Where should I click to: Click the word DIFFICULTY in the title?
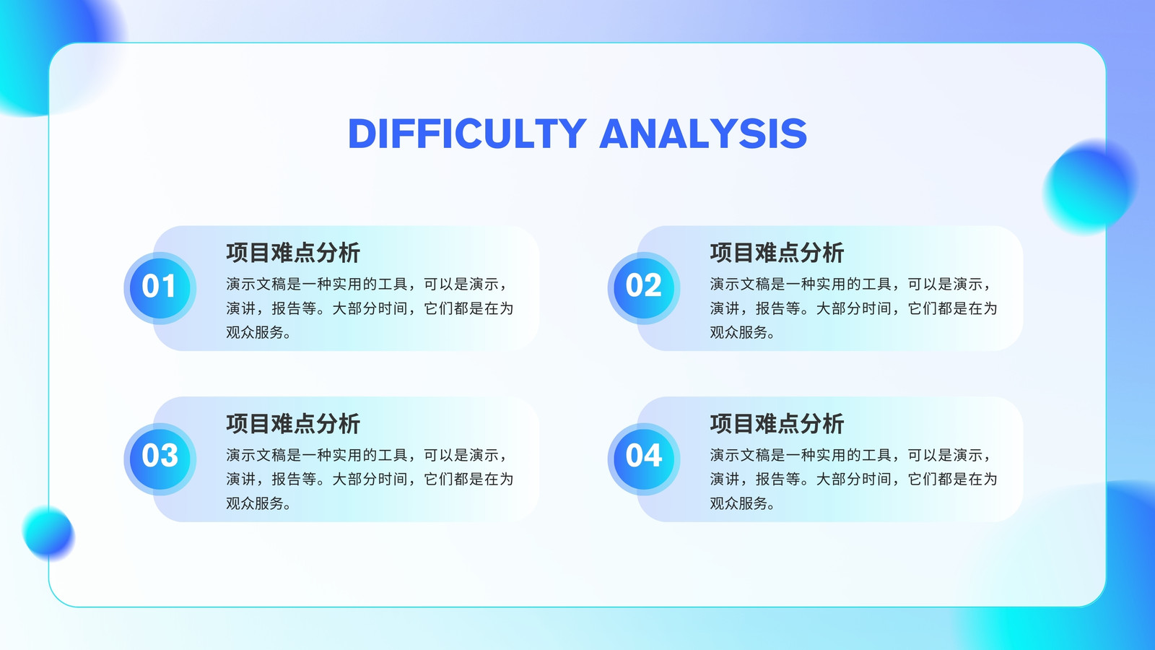pos(467,134)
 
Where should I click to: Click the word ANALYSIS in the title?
pos(703,134)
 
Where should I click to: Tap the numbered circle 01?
pos(160,288)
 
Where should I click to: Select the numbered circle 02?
pos(643,288)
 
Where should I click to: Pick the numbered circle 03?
pos(160,459)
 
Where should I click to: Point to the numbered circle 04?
pos(643,459)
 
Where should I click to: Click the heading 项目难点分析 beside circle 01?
pos(293,253)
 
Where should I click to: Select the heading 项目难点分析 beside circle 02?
pos(777,253)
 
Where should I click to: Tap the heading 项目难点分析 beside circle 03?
pos(293,423)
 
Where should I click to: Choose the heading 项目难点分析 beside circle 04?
pos(777,423)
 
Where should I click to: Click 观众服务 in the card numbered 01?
pos(255,332)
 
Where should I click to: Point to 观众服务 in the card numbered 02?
pos(738,332)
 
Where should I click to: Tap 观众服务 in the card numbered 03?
pos(255,503)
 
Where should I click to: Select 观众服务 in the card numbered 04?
pos(738,503)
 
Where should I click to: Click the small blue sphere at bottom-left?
pos(48,533)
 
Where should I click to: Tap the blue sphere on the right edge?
pos(1089,187)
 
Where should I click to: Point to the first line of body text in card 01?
pos(368,285)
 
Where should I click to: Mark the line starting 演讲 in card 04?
pos(853,480)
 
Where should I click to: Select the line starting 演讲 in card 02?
pos(853,308)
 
